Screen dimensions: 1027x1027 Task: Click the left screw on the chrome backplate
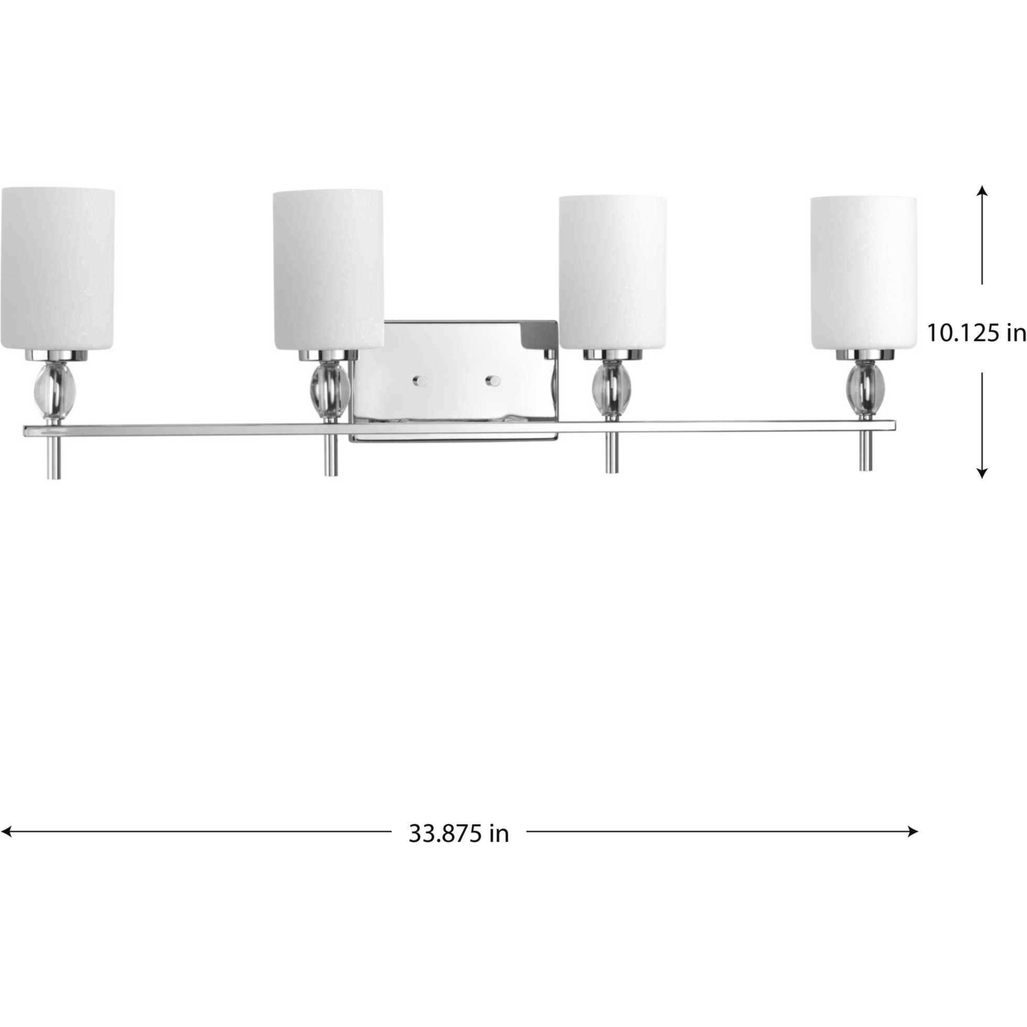420,380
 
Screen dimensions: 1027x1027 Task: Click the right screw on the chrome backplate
493,380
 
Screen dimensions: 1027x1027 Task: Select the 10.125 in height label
976,333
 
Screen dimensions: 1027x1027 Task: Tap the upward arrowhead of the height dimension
982,191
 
